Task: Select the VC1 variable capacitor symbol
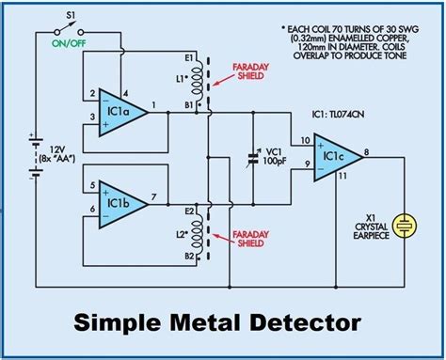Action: click(x=253, y=156)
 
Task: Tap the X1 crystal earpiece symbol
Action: click(x=405, y=225)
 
